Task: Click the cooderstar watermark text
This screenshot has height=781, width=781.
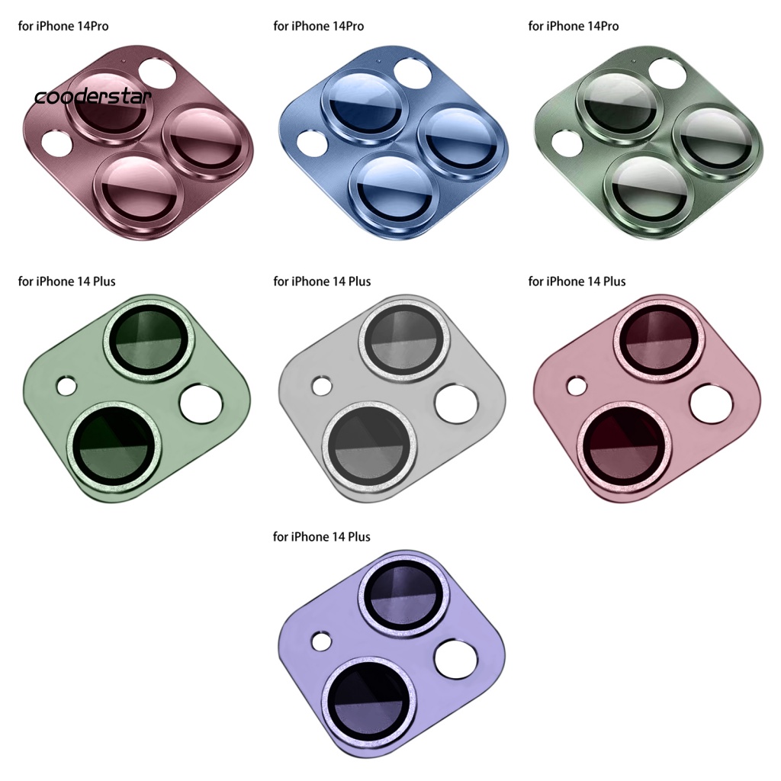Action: (x=92, y=96)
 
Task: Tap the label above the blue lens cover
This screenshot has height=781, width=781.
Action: (x=318, y=26)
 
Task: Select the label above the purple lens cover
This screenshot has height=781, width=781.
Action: (x=321, y=536)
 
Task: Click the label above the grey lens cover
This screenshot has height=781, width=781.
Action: (x=322, y=281)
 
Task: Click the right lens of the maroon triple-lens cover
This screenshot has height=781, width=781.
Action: (x=206, y=140)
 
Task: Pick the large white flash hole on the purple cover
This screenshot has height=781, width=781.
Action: (x=456, y=660)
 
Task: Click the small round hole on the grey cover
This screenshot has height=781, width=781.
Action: (x=322, y=387)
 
